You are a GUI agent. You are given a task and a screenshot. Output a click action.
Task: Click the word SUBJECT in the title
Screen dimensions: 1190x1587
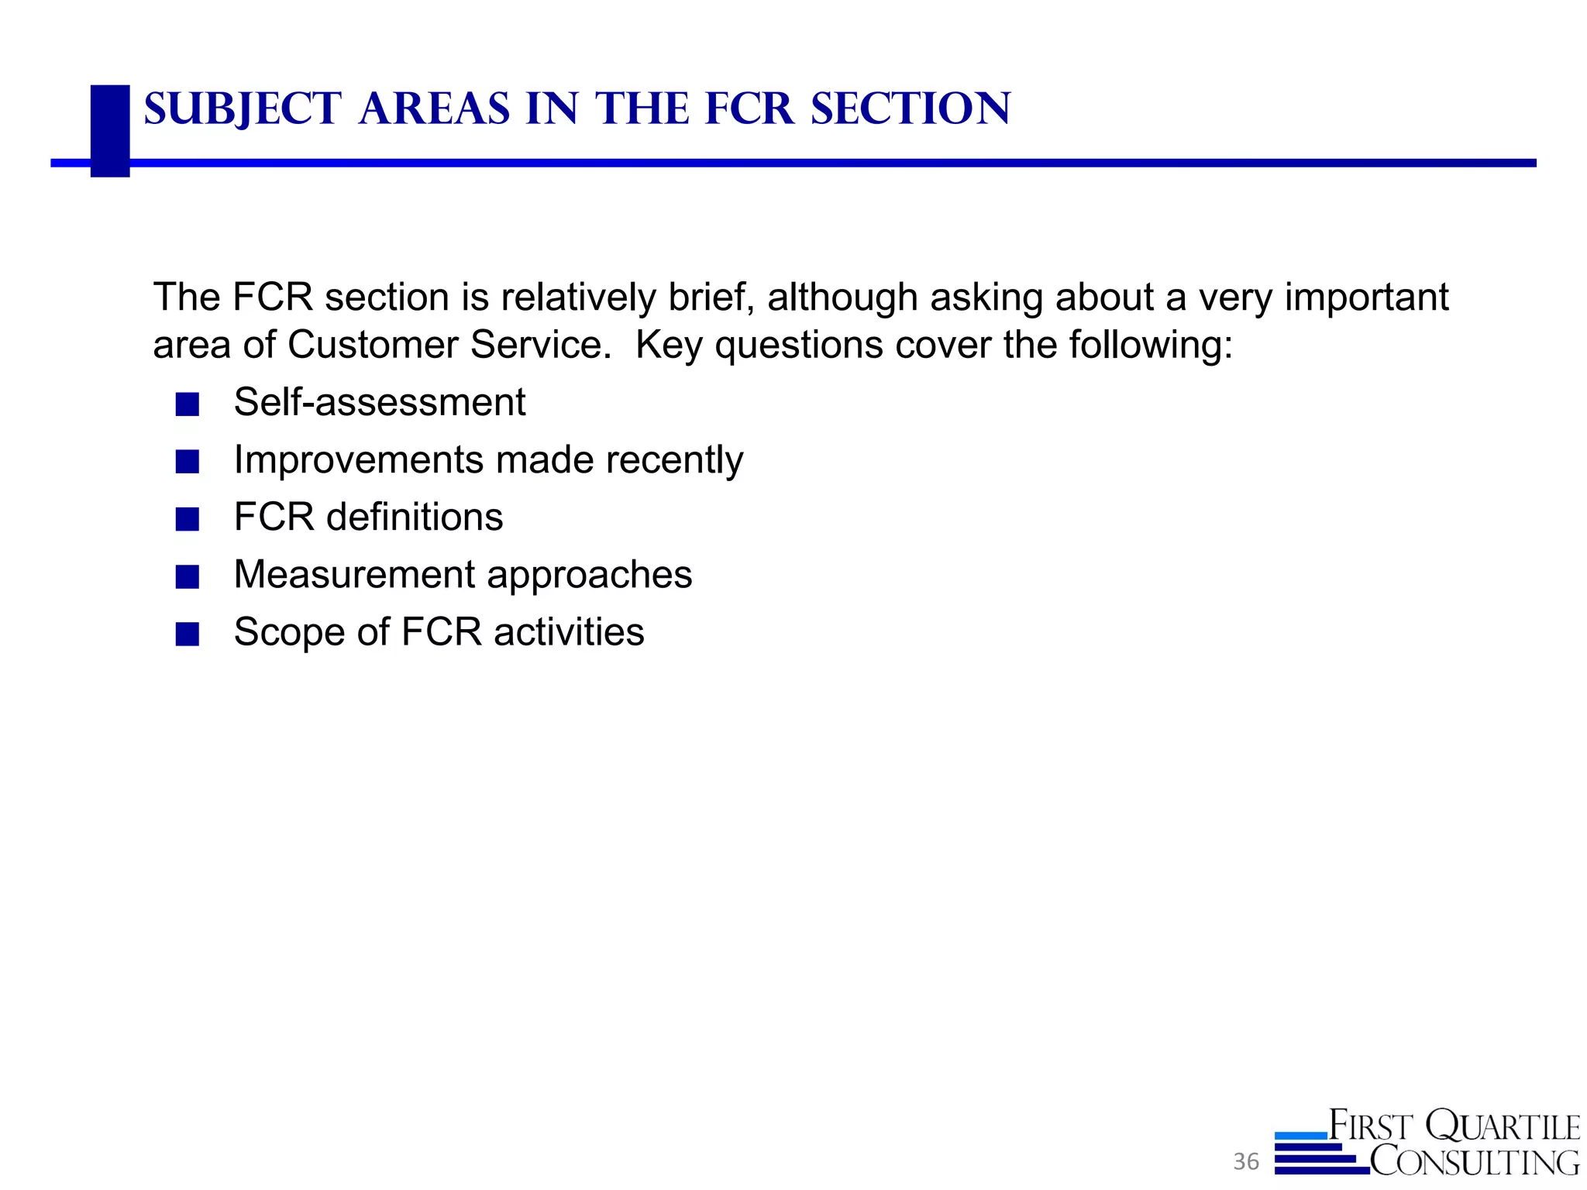[242, 109]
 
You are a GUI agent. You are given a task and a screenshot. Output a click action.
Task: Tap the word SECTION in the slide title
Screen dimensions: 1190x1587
[911, 109]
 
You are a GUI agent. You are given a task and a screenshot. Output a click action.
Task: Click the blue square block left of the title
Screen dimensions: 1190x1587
[110, 130]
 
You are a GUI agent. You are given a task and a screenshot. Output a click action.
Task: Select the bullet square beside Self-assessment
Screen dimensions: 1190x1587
[188, 404]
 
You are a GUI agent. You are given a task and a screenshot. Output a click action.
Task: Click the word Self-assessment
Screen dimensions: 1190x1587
[380, 403]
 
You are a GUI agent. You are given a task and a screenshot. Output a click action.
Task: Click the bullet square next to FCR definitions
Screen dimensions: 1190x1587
[188, 519]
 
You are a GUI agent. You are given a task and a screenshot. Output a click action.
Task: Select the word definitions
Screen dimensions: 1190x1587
[415, 518]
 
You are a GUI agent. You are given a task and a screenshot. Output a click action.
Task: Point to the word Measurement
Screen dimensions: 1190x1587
[354, 575]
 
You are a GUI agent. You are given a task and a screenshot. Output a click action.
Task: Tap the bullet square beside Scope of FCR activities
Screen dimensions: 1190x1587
[188, 634]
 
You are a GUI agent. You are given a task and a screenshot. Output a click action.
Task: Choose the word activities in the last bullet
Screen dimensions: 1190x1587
[569, 632]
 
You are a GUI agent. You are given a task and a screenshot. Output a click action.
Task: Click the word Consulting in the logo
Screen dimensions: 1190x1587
[1474, 1161]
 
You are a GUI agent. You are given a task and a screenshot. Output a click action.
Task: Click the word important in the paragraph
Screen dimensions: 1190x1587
[1366, 297]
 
